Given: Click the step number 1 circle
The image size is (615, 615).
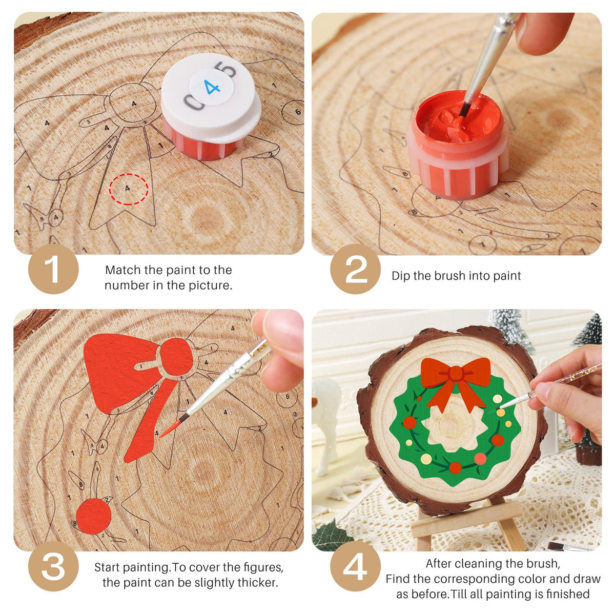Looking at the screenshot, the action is [53, 269].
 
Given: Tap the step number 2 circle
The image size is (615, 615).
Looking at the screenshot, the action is [355, 269].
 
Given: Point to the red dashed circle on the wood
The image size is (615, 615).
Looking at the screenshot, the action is [129, 189].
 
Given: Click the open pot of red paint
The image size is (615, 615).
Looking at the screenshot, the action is [458, 143].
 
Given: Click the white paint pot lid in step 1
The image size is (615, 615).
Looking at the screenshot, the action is [211, 96].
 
